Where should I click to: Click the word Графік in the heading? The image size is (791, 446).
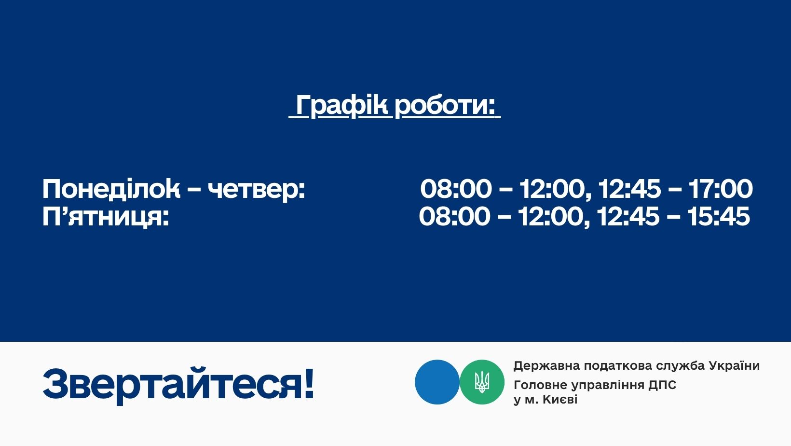(342, 105)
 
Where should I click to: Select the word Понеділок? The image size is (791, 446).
(111, 189)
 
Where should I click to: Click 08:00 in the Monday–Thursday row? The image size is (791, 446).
(456, 189)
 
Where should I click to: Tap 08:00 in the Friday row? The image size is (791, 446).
(455, 216)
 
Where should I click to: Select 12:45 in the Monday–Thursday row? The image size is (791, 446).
(629, 189)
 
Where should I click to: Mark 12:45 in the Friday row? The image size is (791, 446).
(628, 216)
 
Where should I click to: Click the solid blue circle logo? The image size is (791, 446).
(437, 382)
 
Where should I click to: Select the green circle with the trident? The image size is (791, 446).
(482, 382)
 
